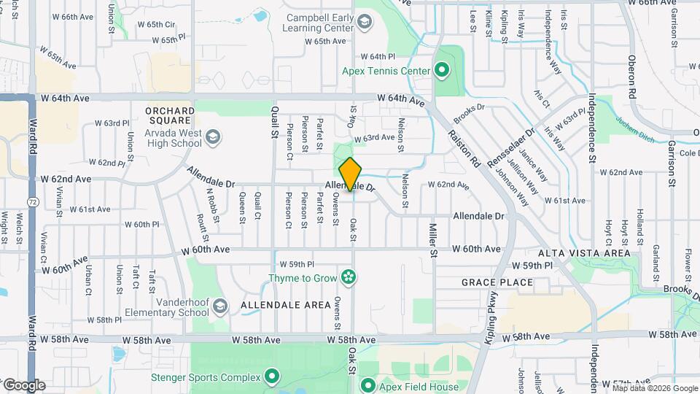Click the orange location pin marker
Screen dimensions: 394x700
pyautogui.click(x=351, y=174)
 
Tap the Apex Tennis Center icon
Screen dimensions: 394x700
pyautogui.click(x=441, y=71)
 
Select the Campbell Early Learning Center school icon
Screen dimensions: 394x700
pyautogui.click(x=363, y=24)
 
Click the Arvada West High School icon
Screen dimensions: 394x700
pyautogui.click(x=212, y=137)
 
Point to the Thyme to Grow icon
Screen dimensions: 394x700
pyautogui.click(x=349, y=277)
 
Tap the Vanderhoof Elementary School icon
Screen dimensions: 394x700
pyautogui.click(x=219, y=312)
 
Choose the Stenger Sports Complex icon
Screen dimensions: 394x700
pyautogui.click(x=272, y=377)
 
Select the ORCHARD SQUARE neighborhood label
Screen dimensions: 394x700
pyautogui.click(x=170, y=115)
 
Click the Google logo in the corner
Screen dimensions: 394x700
pyautogui.click(x=24, y=385)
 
